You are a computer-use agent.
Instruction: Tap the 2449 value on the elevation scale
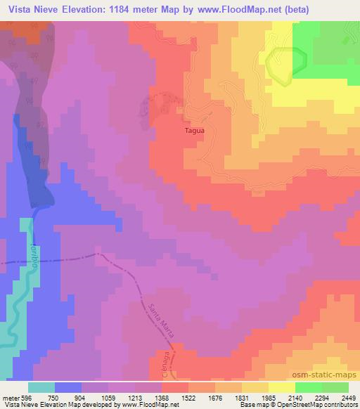pos(340,397)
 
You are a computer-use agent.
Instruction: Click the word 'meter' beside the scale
pos(10,397)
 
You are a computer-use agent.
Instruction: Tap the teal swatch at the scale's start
pos(41,387)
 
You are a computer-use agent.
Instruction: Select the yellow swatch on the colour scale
pos(282,387)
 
